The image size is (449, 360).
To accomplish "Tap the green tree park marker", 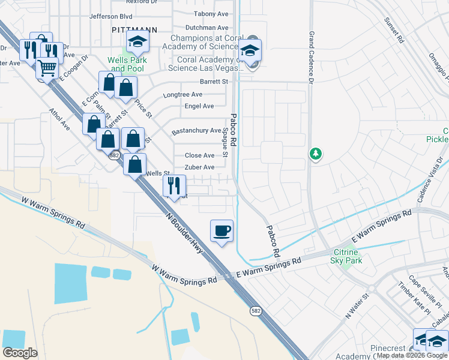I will (x=315, y=154).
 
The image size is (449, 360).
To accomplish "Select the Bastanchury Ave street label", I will (x=197, y=131).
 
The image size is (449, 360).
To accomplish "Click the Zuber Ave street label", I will (x=199, y=167).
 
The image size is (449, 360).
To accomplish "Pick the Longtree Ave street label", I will (x=183, y=95).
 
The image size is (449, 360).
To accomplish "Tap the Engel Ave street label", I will (x=200, y=106).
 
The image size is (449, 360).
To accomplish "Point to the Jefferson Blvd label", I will (x=110, y=17).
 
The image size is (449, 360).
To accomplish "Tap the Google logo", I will (x=20, y=352).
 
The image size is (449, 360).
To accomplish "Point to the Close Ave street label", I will (x=200, y=155).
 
